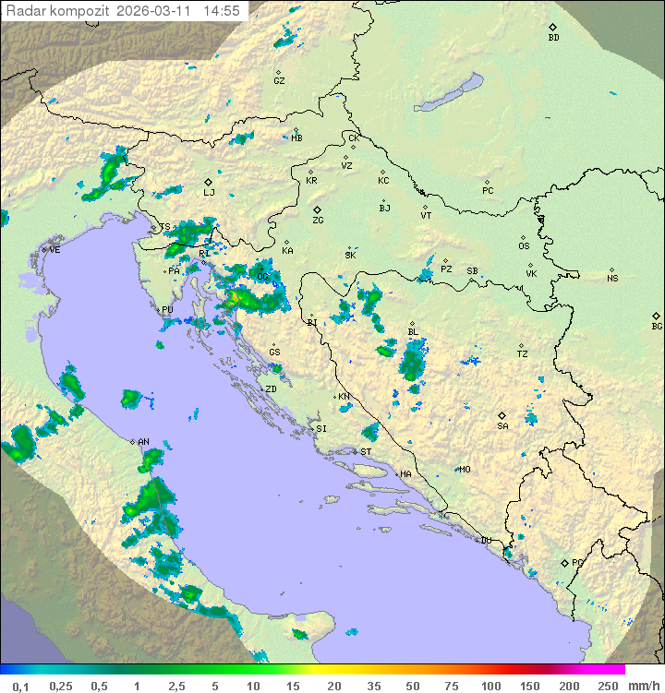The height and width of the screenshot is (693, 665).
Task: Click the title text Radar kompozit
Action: pos(57,11)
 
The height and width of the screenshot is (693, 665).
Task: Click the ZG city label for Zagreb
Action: pos(318,221)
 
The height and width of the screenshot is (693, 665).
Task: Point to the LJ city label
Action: pos(209,193)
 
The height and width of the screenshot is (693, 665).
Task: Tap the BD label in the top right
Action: pos(553,38)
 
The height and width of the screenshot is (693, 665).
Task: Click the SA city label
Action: pos(502,426)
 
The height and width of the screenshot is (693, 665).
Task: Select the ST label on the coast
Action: pos(366,452)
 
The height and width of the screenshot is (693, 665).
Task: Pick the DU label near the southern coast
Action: pos(486,541)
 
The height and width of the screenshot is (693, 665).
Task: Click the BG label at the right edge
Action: pos(657,327)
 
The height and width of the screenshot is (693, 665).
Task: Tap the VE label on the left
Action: pos(54,250)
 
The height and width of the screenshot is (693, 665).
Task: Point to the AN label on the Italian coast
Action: pos(143,442)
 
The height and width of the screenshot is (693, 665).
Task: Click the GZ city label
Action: pos(279,81)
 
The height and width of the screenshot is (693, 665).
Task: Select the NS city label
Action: pos(612,279)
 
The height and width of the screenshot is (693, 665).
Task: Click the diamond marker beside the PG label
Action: pos(564,562)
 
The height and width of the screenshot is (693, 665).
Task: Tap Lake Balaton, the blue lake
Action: pos(449,93)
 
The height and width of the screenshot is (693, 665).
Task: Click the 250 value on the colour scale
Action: pos(608,686)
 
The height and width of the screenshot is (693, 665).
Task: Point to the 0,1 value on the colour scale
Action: pos(20,686)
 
